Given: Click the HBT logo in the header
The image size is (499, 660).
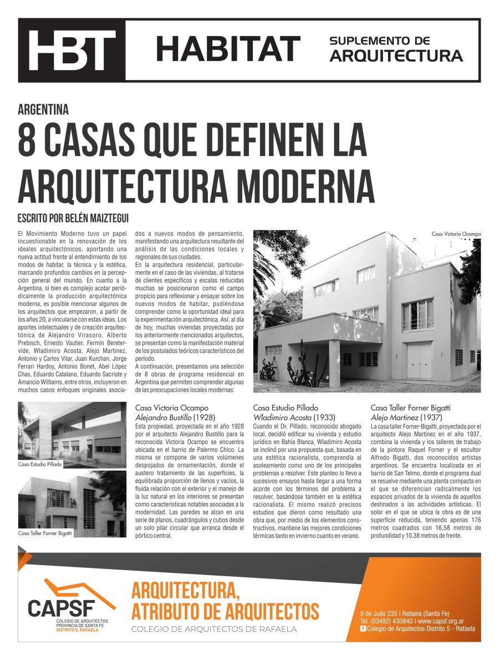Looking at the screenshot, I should click(x=72, y=50).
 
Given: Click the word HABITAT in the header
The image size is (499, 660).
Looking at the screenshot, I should click(x=228, y=49).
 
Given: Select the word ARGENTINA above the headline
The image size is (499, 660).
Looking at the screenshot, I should click(x=43, y=109).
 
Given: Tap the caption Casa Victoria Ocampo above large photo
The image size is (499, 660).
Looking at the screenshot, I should click(x=456, y=234).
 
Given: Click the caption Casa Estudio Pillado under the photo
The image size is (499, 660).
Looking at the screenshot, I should click(x=40, y=463).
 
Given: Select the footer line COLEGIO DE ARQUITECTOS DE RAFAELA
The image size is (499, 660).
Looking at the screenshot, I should click(x=214, y=629).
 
